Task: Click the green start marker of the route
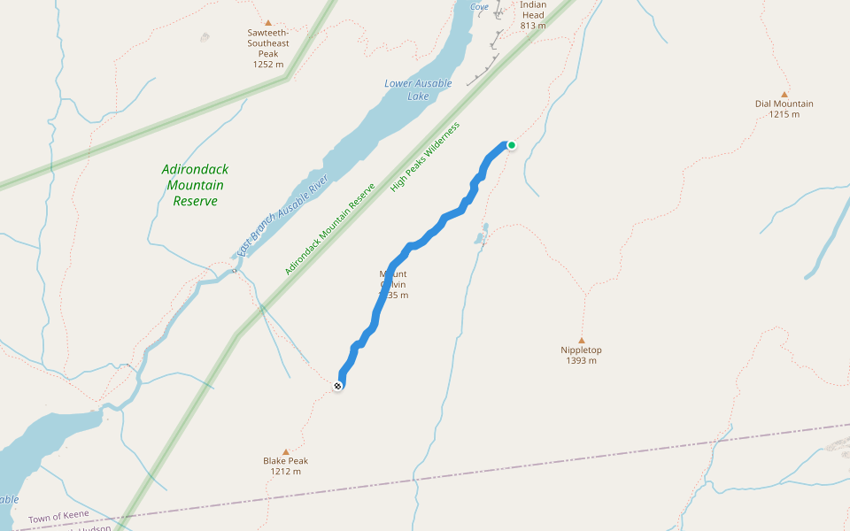click(x=511, y=145)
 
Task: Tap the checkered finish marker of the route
click(x=338, y=386)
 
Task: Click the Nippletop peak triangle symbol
click(x=581, y=340)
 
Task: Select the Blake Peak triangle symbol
click(x=285, y=451)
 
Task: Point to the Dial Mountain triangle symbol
click(x=784, y=94)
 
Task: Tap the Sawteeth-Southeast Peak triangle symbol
click(x=267, y=23)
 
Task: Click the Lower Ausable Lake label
click(x=418, y=89)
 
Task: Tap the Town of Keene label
click(x=58, y=516)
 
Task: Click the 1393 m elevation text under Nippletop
click(x=581, y=361)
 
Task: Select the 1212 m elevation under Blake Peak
click(x=285, y=472)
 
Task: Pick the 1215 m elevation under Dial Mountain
click(x=784, y=114)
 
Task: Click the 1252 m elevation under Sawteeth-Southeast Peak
click(x=267, y=64)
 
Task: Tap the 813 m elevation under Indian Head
click(x=533, y=26)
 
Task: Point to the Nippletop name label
click(x=581, y=350)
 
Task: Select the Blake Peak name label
click(x=285, y=461)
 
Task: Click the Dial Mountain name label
click(x=784, y=104)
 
